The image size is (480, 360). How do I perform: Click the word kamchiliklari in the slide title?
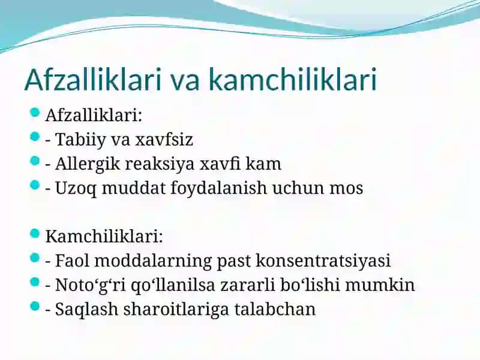[x=293, y=80]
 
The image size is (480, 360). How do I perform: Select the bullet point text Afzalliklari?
[x=94, y=115]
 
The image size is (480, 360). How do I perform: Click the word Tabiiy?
[x=80, y=140]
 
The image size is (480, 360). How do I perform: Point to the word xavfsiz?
[x=164, y=139]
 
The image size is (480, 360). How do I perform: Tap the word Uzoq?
[x=76, y=188]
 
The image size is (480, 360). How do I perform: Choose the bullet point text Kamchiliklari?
[x=104, y=236]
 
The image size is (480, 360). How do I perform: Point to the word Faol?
[x=73, y=260]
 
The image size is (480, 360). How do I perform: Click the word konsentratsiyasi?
[x=323, y=261]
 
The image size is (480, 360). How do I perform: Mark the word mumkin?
[x=380, y=285]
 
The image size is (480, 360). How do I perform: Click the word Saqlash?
[x=86, y=310]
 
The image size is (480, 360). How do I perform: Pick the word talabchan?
[x=275, y=309]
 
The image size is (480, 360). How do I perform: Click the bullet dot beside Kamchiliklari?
[x=35, y=234]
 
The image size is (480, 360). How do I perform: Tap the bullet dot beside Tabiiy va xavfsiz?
[x=35, y=137]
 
